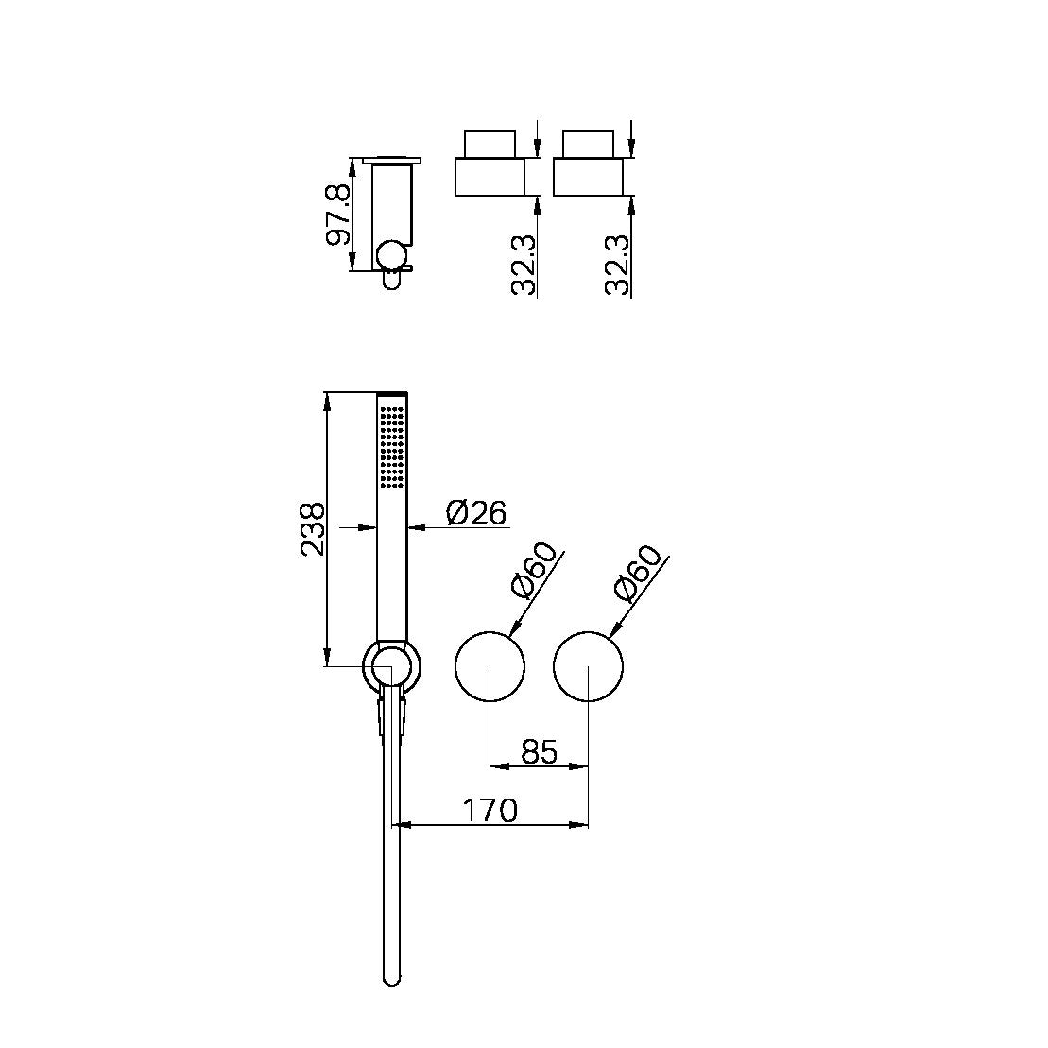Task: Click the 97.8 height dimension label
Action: pyautogui.click(x=338, y=215)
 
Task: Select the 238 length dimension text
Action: pyautogui.click(x=313, y=528)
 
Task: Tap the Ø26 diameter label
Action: pyautogui.click(x=475, y=513)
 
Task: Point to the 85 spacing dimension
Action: pyautogui.click(x=539, y=752)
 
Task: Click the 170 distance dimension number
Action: pyautogui.click(x=490, y=810)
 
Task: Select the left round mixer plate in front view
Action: pyautogui.click(x=490, y=666)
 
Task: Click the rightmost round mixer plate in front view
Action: pyautogui.click(x=588, y=666)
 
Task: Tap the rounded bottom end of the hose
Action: pyautogui.click(x=392, y=978)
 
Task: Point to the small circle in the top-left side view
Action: pyautogui.click(x=390, y=255)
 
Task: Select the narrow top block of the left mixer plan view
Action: pyautogui.click(x=490, y=144)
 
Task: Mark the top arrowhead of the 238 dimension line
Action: pyautogui.click(x=327, y=400)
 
